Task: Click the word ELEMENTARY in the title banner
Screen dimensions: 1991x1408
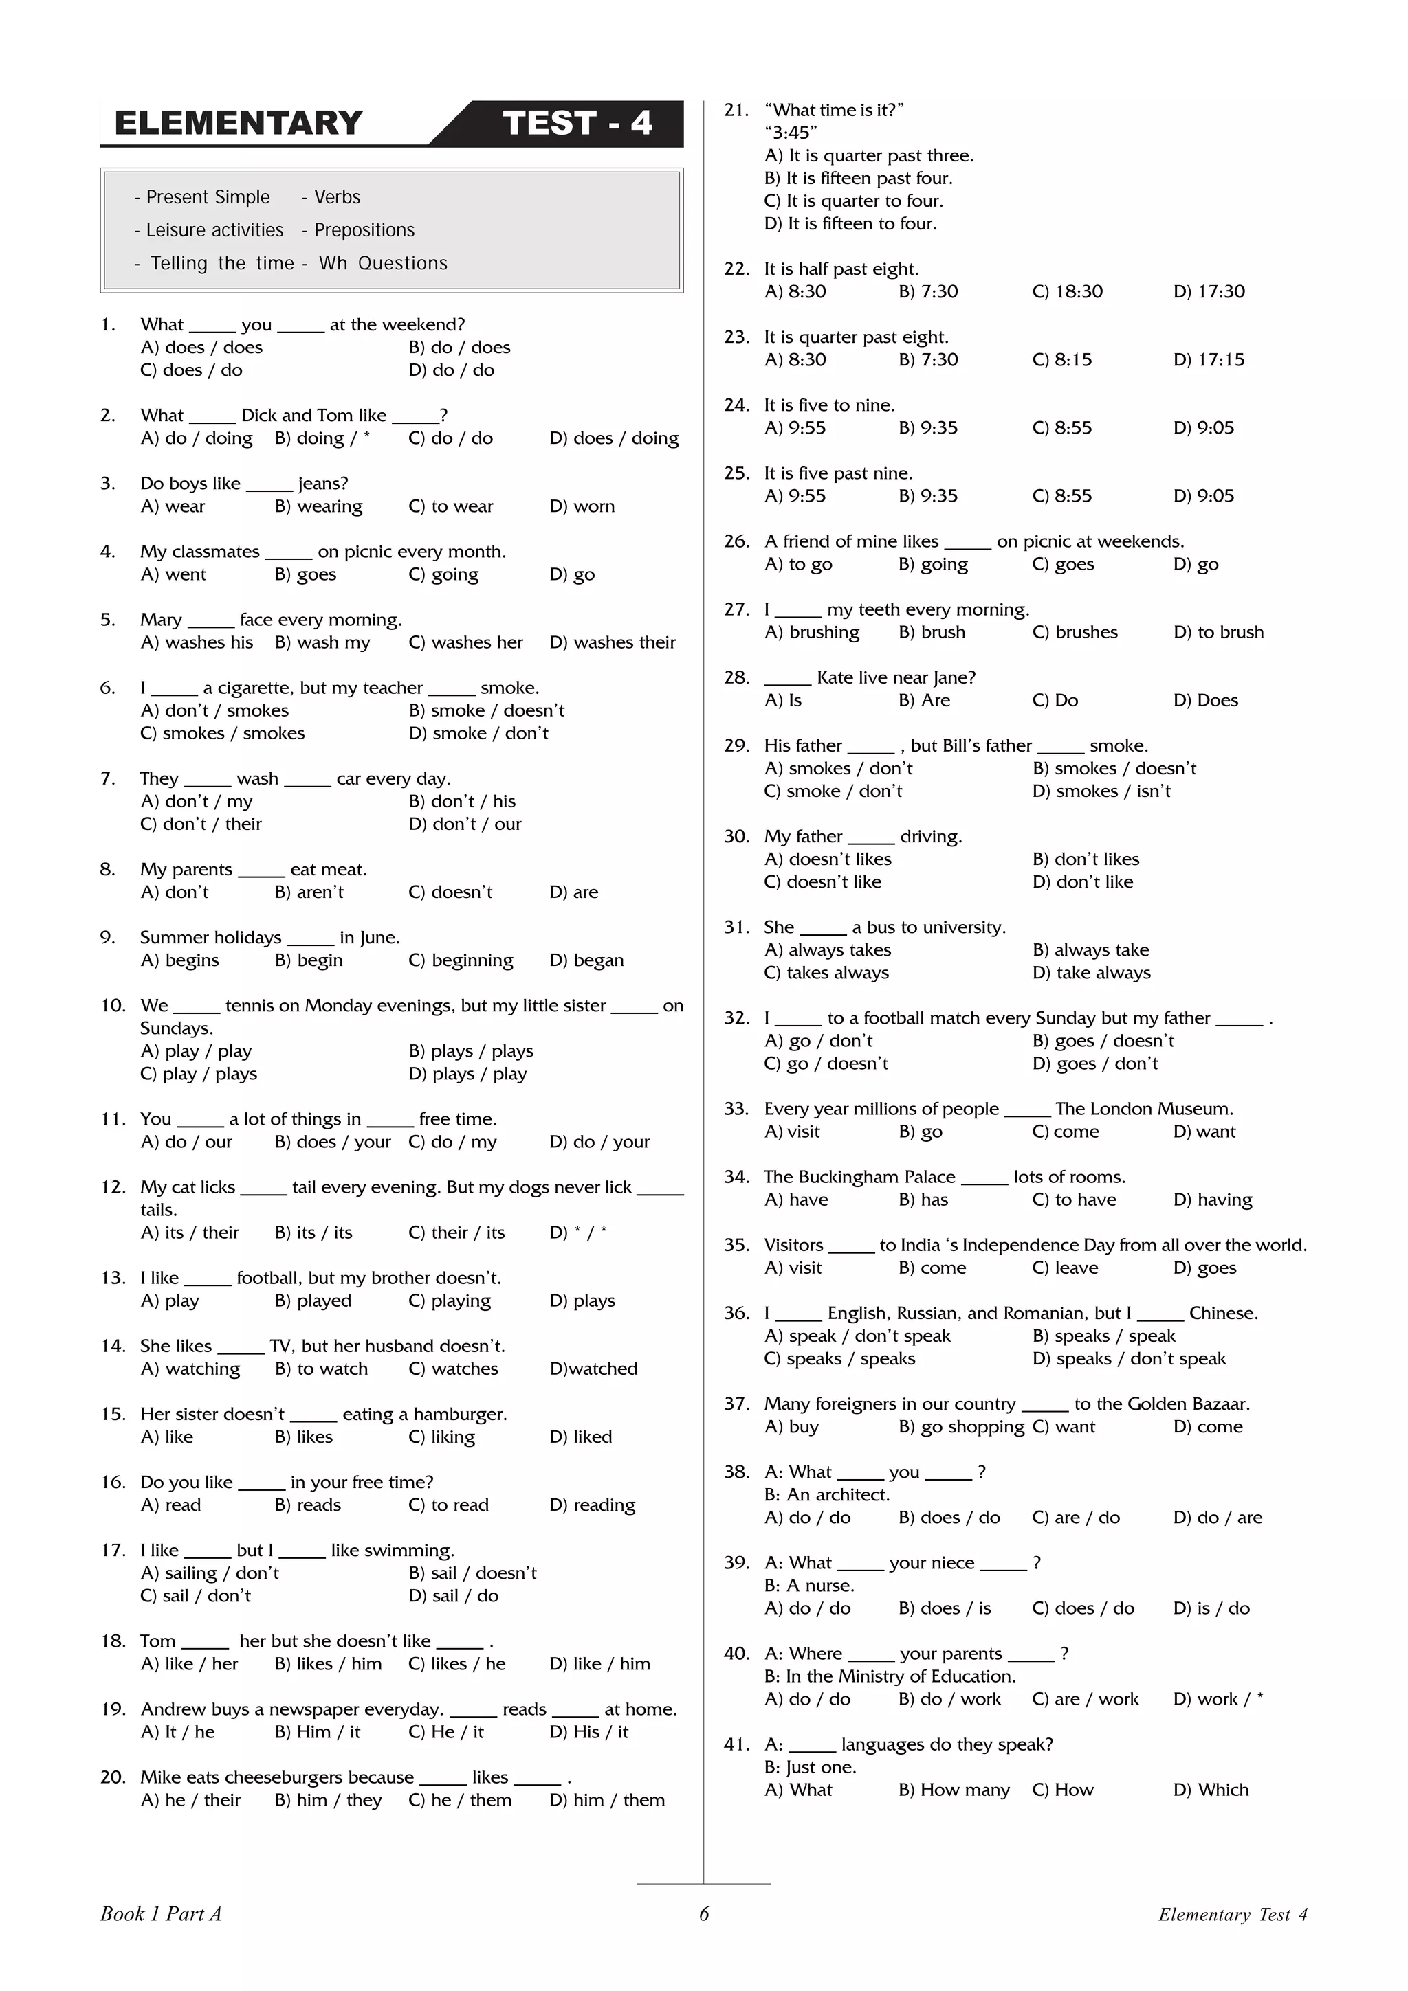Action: pos(238,123)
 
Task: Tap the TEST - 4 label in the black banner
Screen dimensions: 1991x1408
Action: pos(577,123)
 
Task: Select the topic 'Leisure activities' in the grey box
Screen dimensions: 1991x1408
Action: pos(208,229)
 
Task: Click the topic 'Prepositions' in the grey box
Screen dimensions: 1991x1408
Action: pos(358,229)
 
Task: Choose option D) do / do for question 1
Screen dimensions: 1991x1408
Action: pos(451,370)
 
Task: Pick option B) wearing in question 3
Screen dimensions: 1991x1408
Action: pos(318,506)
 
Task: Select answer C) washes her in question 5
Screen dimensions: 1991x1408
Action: pos(466,642)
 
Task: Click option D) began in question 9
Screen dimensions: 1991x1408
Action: pos(586,961)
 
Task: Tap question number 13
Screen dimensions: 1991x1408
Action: pos(113,1278)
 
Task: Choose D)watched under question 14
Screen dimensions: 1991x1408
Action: pos(593,1369)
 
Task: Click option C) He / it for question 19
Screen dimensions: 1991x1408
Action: pos(446,1732)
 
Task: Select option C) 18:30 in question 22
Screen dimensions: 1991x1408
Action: pos(1067,292)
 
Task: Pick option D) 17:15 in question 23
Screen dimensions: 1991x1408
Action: pos(1209,360)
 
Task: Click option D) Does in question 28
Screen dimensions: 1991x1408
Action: pos(1205,701)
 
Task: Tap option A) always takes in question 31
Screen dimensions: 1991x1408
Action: pos(828,950)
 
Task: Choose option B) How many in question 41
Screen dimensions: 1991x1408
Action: pos(954,1790)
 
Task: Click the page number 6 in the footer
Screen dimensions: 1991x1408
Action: pos(703,1915)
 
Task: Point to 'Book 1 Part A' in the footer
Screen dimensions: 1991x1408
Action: pos(160,1915)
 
